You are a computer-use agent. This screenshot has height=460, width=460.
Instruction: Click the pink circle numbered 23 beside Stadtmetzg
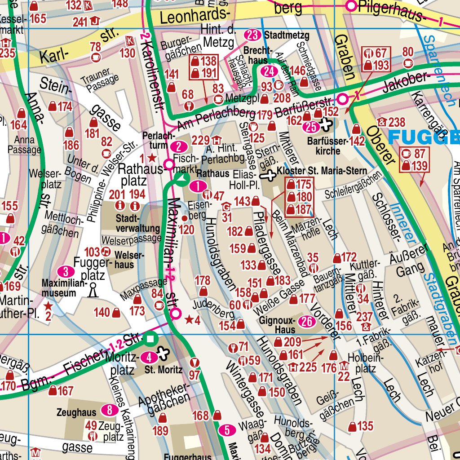pos(253,35)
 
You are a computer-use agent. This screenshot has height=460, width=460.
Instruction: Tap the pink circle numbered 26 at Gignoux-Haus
pos(307,322)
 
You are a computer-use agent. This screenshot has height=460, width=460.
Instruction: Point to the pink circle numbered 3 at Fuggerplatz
pos(66,271)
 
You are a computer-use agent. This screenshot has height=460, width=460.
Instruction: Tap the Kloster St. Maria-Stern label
pos(322,171)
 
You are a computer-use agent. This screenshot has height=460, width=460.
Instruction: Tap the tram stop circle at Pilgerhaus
pos(351,6)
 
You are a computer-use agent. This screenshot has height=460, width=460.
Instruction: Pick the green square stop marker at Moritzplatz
pos(150,340)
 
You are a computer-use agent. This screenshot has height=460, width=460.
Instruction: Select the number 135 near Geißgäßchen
pos(365,426)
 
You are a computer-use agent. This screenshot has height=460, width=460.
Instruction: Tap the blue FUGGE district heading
pos(424,137)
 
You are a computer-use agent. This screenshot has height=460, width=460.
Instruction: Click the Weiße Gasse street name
pos(278,298)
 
